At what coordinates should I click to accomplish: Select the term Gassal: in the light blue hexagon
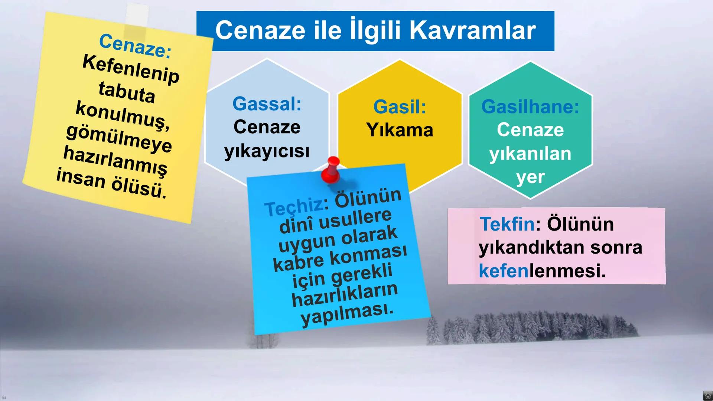[267, 104]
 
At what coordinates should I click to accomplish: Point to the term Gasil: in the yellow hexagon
[400, 107]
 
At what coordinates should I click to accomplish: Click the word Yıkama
[400, 130]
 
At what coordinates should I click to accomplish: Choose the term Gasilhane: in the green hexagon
[530, 107]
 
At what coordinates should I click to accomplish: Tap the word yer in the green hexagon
[530, 177]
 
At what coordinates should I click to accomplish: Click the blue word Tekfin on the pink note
[507, 224]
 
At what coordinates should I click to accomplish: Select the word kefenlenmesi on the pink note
[542, 271]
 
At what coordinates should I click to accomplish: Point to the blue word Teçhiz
[293, 207]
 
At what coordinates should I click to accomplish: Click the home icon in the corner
[707, 396]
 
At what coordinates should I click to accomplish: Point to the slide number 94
[4, 398]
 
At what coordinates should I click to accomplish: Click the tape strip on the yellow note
[136, 21]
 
